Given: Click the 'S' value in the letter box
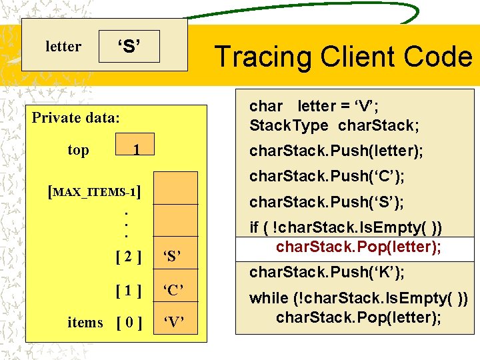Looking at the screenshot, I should [x=129, y=47].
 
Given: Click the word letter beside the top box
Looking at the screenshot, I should [x=63, y=47].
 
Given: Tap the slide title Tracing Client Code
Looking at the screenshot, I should [x=343, y=57].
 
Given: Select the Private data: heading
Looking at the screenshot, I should [x=76, y=118].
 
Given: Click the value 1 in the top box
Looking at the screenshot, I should [x=135, y=151].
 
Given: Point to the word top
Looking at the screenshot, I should [x=78, y=150].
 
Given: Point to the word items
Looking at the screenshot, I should [x=85, y=323].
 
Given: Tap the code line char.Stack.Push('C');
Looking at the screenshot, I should [x=326, y=177].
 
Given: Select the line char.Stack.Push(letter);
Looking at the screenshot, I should [x=335, y=151].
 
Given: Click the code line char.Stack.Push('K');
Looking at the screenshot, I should [x=326, y=272].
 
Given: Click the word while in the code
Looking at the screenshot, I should [x=269, y=298].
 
